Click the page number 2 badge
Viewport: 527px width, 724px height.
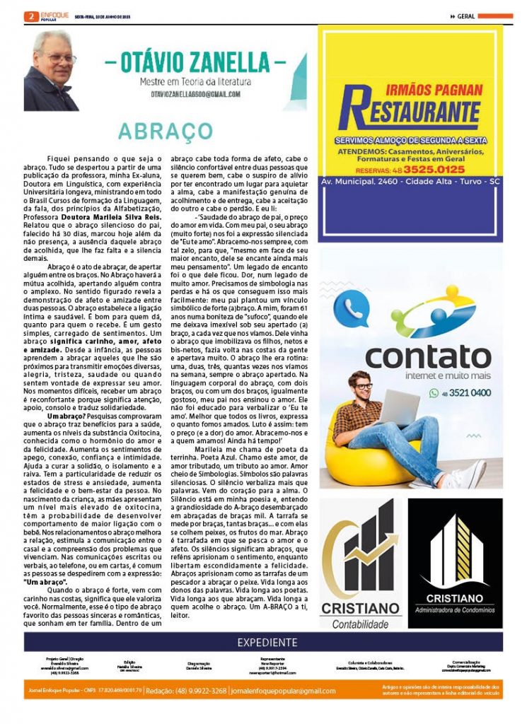(30, 16)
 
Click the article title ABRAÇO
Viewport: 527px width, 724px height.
(166, 132)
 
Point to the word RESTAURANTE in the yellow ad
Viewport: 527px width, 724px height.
(409, 113)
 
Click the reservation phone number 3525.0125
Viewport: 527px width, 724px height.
(434, 170)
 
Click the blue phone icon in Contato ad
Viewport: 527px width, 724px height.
(351, 308)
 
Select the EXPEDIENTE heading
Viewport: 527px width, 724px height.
(267, 643)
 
